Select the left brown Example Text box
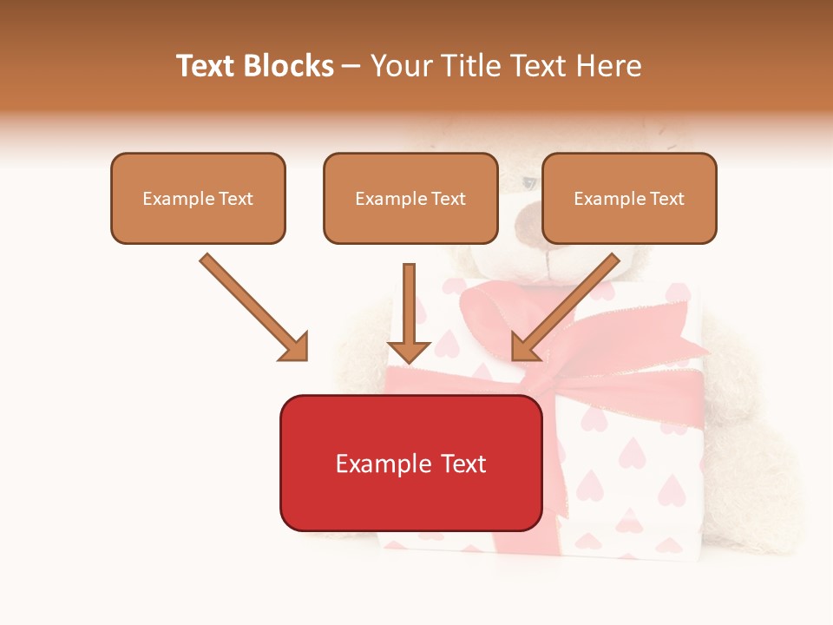pos(198,198)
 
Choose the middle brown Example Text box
pos(410,198)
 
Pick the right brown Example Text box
pos(629,198)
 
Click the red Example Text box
pos(410,463)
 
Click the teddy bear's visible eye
pos(529,183)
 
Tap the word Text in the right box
pos(666,199)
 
